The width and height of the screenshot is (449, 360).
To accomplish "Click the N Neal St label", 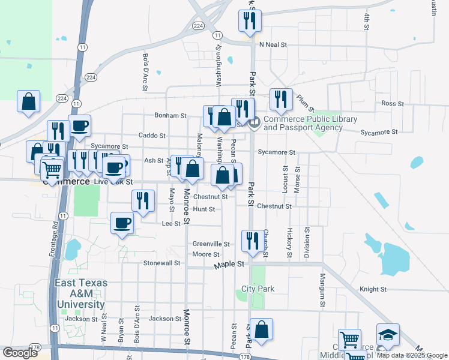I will (x=274, y=45).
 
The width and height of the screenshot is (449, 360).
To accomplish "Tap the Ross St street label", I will (x=393, y=103).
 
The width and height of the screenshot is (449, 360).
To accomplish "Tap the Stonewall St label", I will (x=161, y=263).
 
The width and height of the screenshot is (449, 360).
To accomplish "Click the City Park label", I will (x=258, y=289).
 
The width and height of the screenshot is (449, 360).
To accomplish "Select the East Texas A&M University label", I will (x=81, y=293).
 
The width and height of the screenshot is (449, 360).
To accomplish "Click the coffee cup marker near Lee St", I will (x=122, y=223).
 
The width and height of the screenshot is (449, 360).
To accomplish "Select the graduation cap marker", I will (x=388, y=335).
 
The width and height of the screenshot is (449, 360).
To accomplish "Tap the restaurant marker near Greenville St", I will (x=250, y=241).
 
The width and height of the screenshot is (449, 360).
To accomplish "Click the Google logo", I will (x=20, y=353).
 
